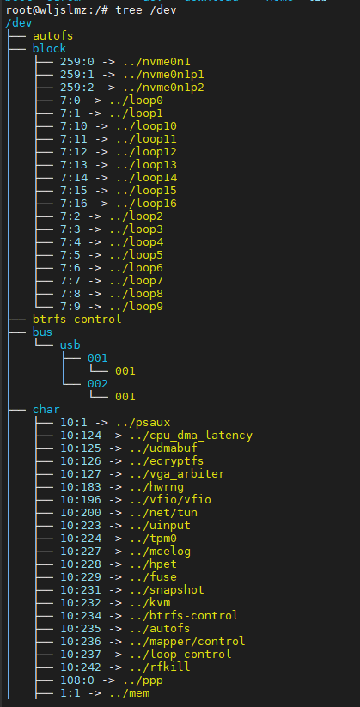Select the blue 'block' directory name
click(49, 49)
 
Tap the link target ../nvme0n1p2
click(163, 88)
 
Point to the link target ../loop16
click(146, 204)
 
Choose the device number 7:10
click(74, 126)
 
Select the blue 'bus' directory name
click(42, 332)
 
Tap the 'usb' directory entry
click(70, 345)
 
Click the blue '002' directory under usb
click(98, 384)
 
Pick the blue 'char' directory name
click(46, 410)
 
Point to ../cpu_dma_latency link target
click(191, 436)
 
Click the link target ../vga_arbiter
click(177, 474)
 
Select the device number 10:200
click(81, 513)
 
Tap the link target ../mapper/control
click(187, 641)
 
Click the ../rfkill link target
click(160, 667)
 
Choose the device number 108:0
click(77, 680)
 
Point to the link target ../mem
click(129, 693)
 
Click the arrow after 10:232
click(115, 603)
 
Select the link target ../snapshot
click(167, 590)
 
